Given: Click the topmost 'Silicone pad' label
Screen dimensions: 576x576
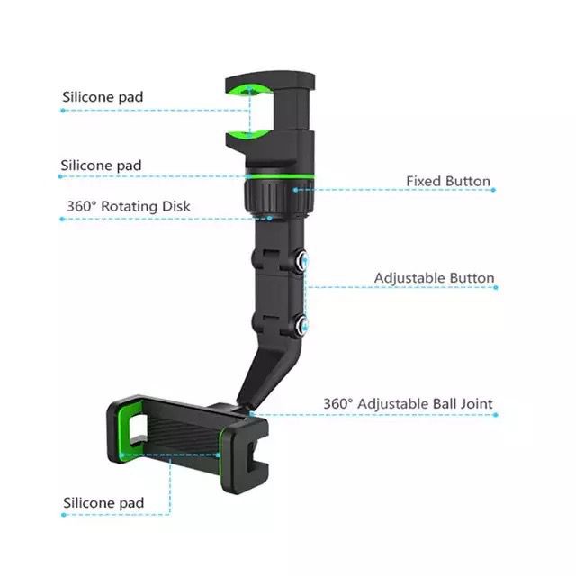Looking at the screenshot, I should click(x=102, y=96).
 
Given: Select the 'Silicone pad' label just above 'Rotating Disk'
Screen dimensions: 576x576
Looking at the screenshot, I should click(x=101, y=166).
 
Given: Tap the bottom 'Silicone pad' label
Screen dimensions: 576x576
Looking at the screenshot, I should click(x=103, y=502).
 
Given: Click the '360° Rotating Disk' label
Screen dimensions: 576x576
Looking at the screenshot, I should click(x=128, y=206).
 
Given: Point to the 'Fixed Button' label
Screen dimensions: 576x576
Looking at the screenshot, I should click(x=447, y=181).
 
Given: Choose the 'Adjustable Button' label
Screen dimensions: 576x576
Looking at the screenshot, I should click(x=434, y=278).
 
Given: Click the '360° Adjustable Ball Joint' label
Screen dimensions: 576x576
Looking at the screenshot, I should click(x=408, y=404).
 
